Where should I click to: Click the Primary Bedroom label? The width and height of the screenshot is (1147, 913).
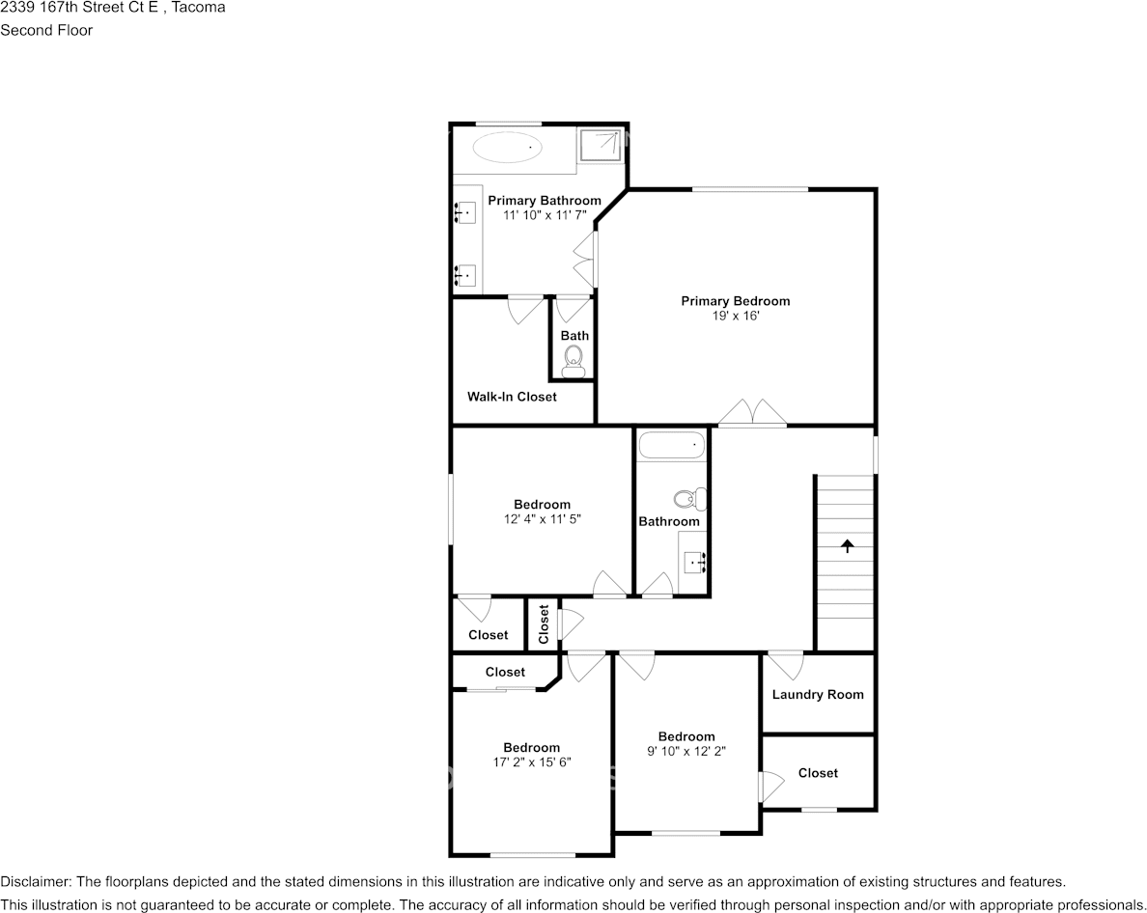[735, 301]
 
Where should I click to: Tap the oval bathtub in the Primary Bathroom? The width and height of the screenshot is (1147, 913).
[508, 149]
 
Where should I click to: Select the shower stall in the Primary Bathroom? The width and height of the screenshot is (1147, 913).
[601, 145]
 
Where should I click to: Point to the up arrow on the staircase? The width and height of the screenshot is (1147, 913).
[848, 545]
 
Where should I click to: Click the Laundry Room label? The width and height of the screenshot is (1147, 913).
[818, 695]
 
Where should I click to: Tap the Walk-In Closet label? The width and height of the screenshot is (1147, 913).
[512, 397]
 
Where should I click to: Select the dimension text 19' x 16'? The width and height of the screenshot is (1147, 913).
[735, 316]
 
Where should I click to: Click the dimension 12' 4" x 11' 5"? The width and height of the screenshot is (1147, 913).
[542, 519]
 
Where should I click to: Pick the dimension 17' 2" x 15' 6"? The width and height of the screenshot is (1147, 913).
[531, 762]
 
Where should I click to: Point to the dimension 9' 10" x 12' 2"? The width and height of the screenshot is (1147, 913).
[686, 751]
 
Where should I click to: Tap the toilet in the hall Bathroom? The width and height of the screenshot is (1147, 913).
[687, 499]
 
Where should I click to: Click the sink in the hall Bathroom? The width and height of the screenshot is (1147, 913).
[693, 561]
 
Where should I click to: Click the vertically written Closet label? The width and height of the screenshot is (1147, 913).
[544, 624]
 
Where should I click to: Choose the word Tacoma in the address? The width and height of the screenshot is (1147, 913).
[199, 9]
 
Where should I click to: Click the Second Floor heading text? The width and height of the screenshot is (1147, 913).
[46, 30]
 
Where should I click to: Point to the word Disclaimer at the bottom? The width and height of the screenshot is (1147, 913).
[35, 882]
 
